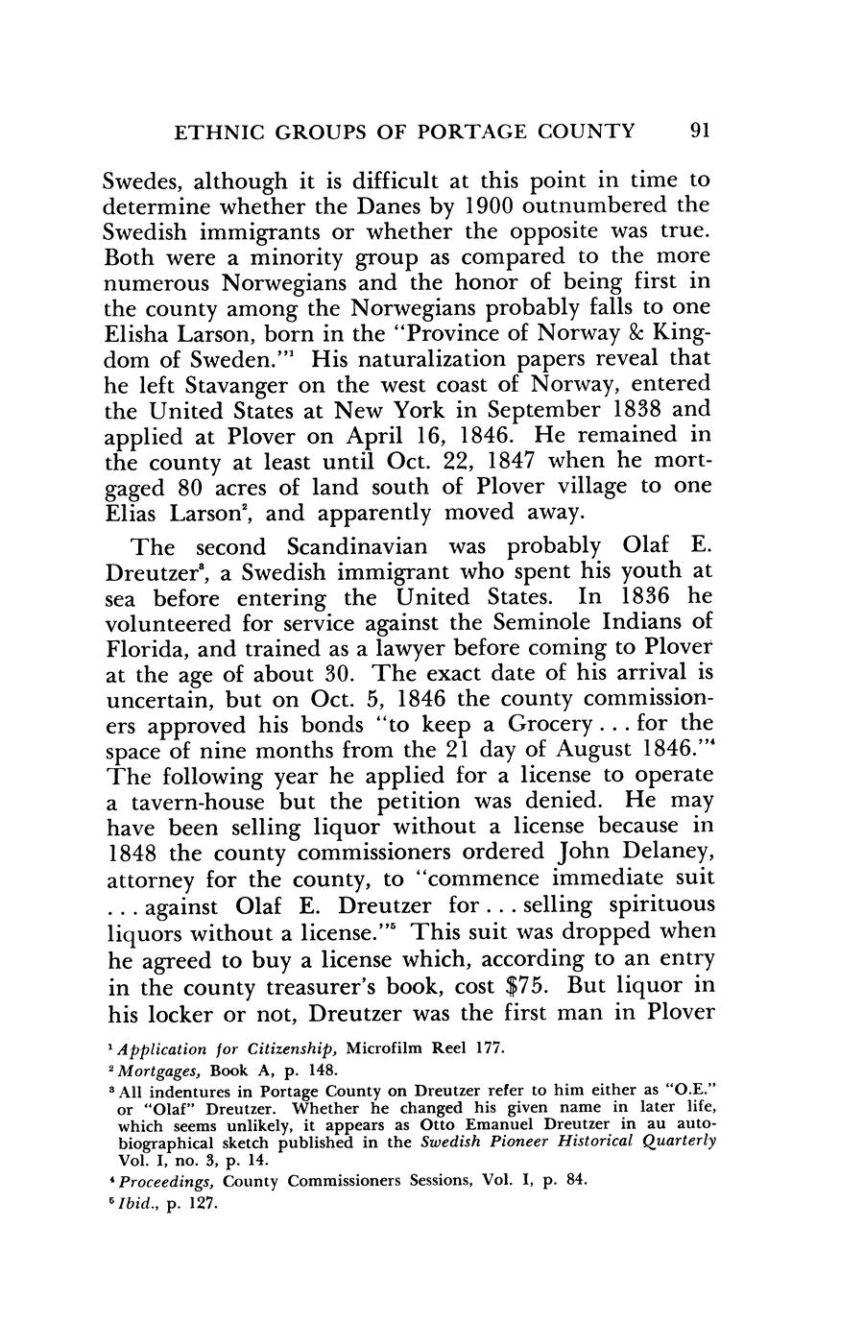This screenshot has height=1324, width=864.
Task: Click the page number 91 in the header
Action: [x=699, y=130]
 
